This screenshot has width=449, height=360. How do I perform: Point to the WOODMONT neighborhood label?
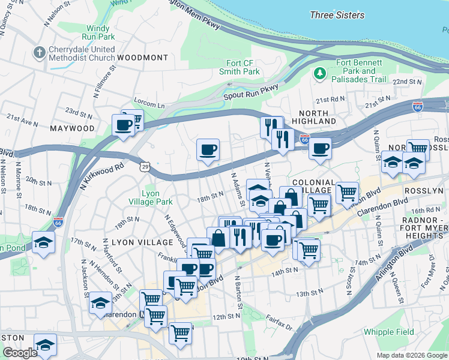pos(143,58)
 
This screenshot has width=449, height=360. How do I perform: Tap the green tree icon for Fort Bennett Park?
pos(320,73)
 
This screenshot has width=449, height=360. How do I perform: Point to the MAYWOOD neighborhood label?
pos(73,128)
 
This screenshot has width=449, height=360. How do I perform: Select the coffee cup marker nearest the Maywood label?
pos(124,126)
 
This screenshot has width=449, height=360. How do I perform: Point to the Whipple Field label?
pos(388,332)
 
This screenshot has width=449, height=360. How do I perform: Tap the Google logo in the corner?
pos(19,353)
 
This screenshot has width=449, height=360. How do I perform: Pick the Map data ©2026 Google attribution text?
pos(412,355)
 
